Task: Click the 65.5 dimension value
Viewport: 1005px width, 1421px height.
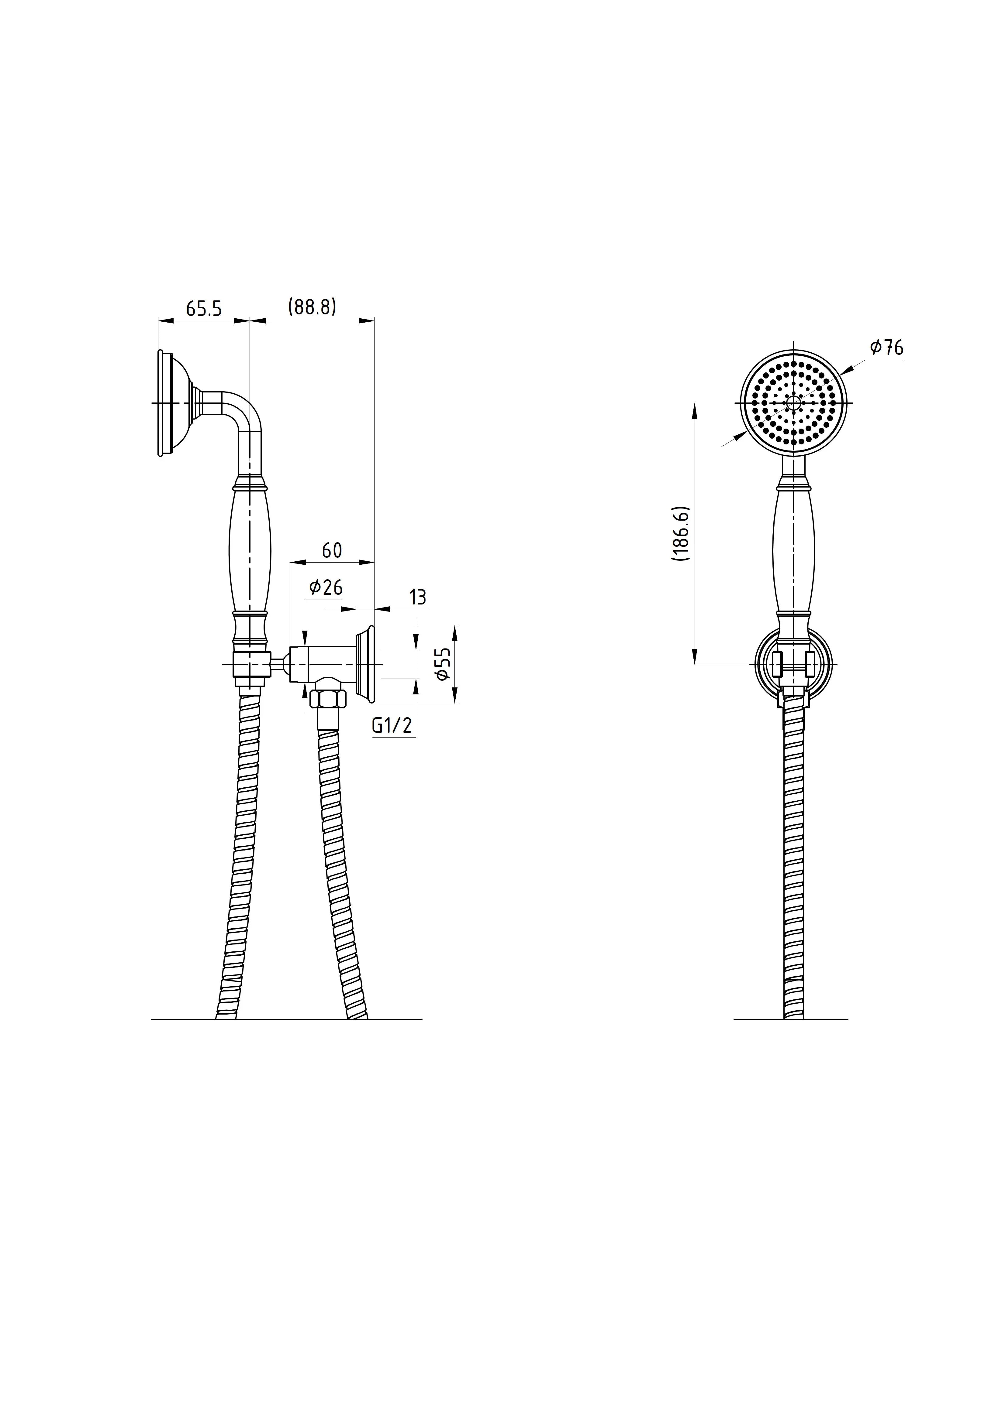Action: [x=204, y=308]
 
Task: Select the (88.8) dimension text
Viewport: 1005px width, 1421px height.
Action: [x=312, y=307]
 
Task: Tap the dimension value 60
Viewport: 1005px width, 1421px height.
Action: [x=332, y=550]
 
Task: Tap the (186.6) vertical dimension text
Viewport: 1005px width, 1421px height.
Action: [x=681, y=533]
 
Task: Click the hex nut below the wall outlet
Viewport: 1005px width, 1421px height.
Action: [x=328, y=698]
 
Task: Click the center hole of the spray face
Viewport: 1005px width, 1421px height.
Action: [x=793, y=402]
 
